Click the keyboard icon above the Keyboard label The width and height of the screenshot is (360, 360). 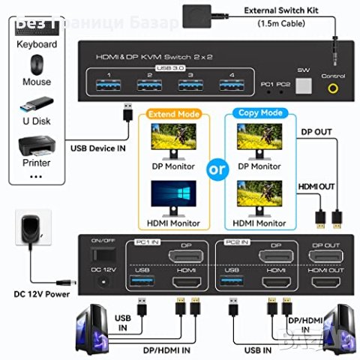(36, 26)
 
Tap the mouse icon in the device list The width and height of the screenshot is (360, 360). (36, 64)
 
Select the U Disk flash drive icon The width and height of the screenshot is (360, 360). (36, 102)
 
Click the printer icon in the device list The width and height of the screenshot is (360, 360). (36, 143)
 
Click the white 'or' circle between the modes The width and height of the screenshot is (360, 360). (218, 168)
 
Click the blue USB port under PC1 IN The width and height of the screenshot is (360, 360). (141, 281)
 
